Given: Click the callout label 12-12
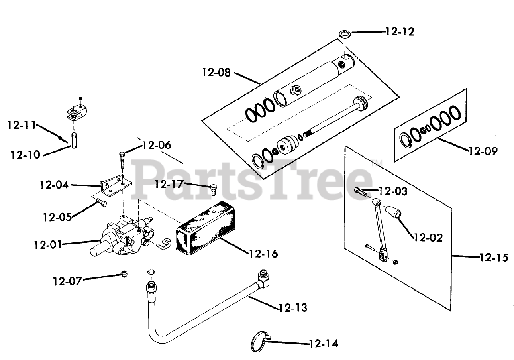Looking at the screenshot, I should (400, 31).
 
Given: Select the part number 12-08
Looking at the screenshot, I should (216, 73).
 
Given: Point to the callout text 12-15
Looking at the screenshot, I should (494, 257).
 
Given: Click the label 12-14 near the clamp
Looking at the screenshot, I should (324, 344).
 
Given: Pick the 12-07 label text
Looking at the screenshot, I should (67, 281).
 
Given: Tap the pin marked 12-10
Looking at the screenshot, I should (75, 140).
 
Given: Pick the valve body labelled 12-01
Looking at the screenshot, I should (120, 237).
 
